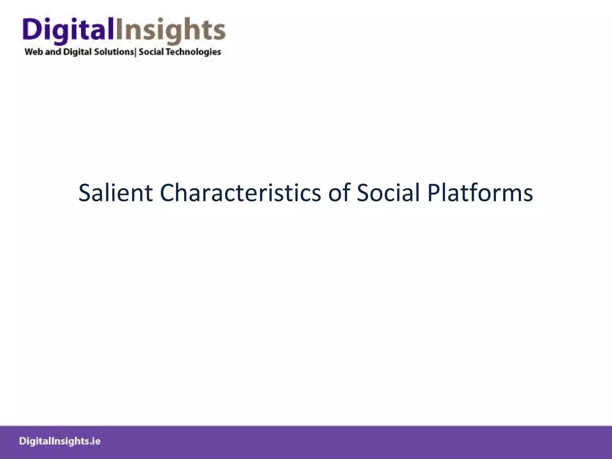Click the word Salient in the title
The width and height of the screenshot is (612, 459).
tap(115, 193)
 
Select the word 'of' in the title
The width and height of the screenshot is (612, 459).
tap(339, 193)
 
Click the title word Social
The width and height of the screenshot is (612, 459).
tap(388, 193)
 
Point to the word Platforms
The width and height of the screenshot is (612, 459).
tap(480, 193)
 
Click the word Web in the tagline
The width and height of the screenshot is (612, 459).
tap(34, 52)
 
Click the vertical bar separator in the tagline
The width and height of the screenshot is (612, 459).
tap(136, 52)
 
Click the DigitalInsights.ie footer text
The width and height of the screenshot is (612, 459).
tap(60, 441)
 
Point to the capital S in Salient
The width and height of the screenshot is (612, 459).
tap(85, 193)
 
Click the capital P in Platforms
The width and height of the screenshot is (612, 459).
tap(433, 193)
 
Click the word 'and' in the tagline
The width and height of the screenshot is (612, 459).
tap(53, 52)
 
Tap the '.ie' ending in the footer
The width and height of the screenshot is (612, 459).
tap(95, 441)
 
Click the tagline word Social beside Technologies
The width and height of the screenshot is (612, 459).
tap(151, 52)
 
